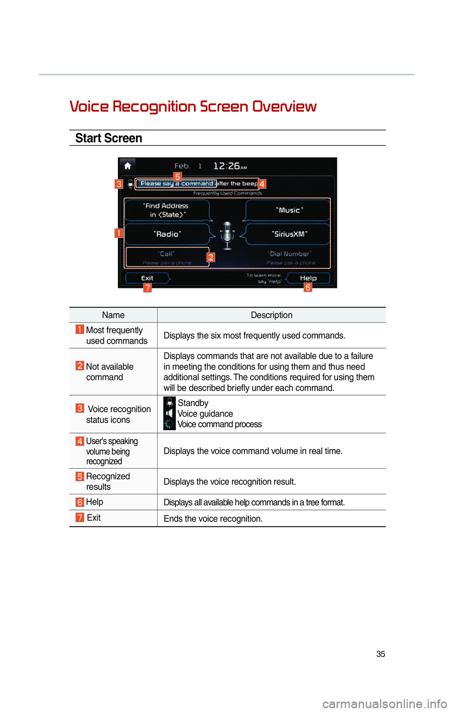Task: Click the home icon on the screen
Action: point(127,166)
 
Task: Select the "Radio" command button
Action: point(167,234)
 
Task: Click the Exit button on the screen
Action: point(147,278)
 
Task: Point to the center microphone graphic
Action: point(227,234)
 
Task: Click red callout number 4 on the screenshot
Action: point(262,184)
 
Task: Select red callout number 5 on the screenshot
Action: point(178,176)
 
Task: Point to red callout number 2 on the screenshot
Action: point(211,257)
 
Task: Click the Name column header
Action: point(113,315)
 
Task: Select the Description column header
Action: point(272,315)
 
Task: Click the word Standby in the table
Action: point(193,403)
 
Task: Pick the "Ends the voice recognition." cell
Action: point(213,518)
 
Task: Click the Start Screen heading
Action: point(109,138)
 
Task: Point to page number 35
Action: point(381,654)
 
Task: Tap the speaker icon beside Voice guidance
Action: point(169,414)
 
